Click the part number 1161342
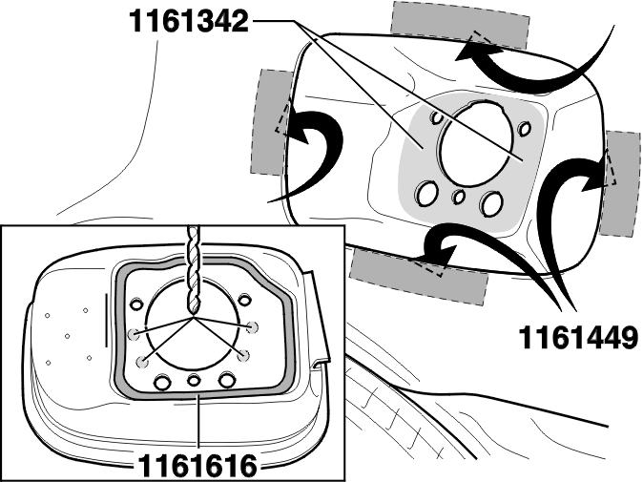click(189, 21)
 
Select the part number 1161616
click(197, 466)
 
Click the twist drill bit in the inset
click(193, 270)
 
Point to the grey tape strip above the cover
click(459, 25)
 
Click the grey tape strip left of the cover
click(271, 123)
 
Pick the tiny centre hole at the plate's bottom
click(459, 197)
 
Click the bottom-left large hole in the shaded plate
click(426, 193)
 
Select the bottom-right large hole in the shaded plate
click(491, 203)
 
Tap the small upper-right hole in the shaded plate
click(524, 129)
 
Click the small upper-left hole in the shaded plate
click(437, 117)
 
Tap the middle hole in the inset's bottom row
click(194, 380)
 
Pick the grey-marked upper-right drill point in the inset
click(252, 326)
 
